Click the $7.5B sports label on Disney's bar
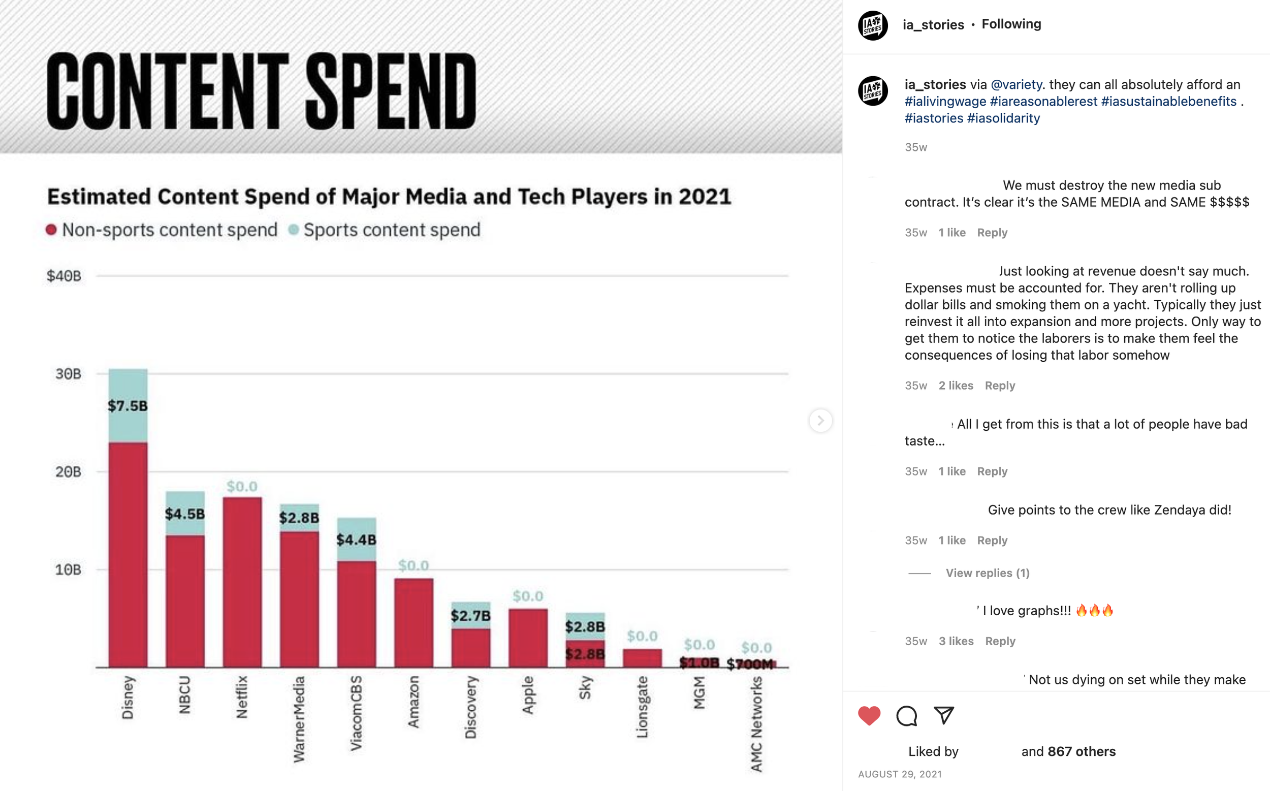click(128, 405)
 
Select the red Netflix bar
click(242, 582)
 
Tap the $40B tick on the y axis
click(64, 276)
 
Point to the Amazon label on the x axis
click(413, 702)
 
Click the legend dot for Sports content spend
click(294, 230)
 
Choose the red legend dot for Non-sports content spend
click(51, 230)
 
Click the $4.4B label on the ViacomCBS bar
click(356, 540)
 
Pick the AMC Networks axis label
click(756, 724)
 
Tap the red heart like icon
click(869, 716)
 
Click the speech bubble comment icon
click(906, 716)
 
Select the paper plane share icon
click(944, 715)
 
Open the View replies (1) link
click(988, 573)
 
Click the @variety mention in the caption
click(1017, 85)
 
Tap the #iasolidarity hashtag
click(1004, 118)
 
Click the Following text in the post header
click(1011, 24)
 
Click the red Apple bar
click(528, 638)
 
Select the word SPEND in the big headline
click(391, 91)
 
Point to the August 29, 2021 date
click(900, 774)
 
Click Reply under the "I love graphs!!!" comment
click(1000, 641)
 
